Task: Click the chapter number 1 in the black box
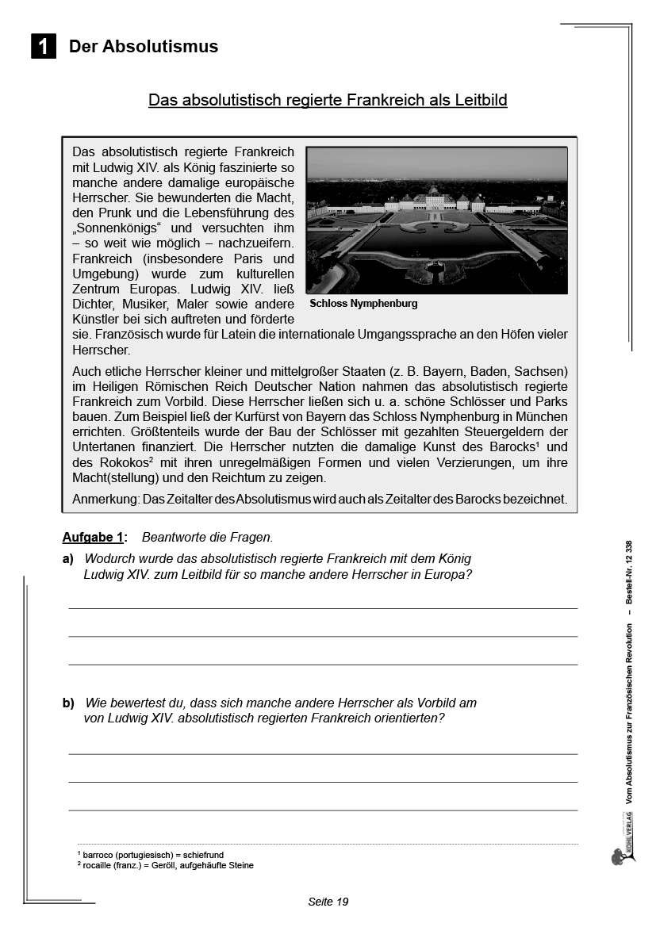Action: [43, 47]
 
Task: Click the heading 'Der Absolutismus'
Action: [144, 47]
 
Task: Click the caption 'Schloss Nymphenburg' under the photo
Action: [363, 304]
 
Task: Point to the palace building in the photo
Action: [435, 199]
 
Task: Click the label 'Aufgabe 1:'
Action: [94, 538]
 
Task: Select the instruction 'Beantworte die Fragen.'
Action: [207, 538]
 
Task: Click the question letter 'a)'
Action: [68, 559]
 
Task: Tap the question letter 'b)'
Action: [68, 703]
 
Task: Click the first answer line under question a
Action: [323, 607]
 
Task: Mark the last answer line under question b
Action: [323, 810]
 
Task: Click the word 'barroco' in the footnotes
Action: [98, 856]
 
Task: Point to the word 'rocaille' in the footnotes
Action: [100, 865]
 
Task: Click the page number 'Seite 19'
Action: [328, 902]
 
